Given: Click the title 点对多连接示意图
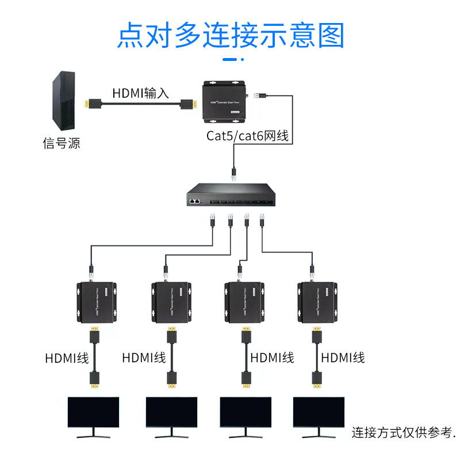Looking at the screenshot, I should [230, 35].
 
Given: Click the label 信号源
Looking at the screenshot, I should [62, 143].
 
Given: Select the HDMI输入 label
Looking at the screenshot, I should [140, 93].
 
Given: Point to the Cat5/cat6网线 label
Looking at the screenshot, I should [247, 136].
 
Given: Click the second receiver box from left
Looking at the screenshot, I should [170, 302].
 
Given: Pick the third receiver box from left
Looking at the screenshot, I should [244, 302].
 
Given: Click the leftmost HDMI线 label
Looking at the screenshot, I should [67, 358].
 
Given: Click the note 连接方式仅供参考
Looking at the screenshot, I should [404, 432].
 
